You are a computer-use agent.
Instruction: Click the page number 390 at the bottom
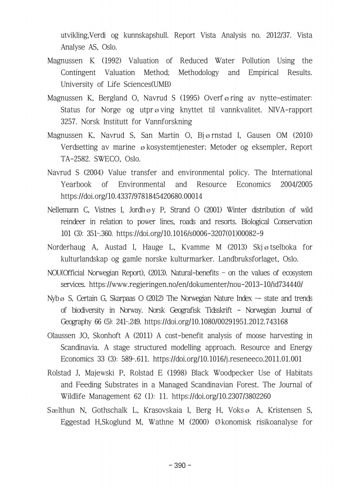pos(180,465)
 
